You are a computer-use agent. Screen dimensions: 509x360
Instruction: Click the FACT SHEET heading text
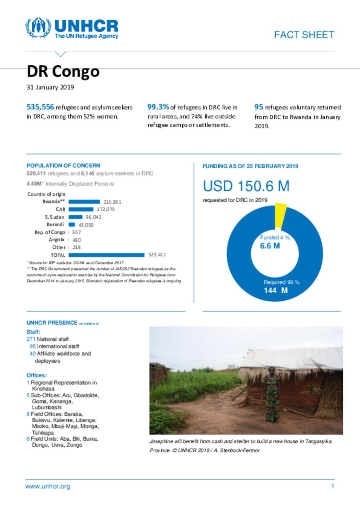pyautogui.click(x=304, y=35)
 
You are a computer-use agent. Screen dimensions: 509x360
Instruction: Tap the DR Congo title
pyautogui.click(x=63, y=71)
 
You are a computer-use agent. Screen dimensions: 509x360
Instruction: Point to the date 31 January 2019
pyautogui.click(x=50, y=87)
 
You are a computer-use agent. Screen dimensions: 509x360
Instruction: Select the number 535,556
pyautogui.click(x=40, y=107)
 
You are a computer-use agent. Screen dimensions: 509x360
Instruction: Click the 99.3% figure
pyautogui.click(x=158, y=107)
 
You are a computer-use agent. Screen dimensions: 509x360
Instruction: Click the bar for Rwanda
pyautogui.click(x=84, y=202)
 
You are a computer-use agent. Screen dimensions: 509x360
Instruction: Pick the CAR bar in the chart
pyautogui.click(x=81, y=209)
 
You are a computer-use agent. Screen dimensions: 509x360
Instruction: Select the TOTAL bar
pyautogui.click(x=107, y=255)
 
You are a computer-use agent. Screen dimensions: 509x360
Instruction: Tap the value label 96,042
pyautogui.click(x=94, y=217)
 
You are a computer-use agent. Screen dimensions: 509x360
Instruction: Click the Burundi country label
pyautogui.click(x=56, y=224)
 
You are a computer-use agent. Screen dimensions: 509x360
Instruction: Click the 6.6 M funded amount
pyautogui.click(x=270, y=246)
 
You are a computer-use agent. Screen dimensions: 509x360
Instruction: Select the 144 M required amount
pyautogui.click(x=276, y=291)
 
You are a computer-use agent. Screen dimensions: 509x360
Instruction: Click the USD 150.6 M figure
pyautogui.click(x=246, y=186)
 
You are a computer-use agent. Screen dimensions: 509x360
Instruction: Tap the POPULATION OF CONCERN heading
pyautogui.click(x=63, y=165)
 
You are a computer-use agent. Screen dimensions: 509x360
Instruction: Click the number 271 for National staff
pyautogui.click(x=31, y=339)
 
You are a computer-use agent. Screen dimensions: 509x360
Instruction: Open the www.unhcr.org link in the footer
pyautogui.click(x=48, y=487)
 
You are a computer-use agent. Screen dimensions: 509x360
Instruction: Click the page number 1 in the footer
pyautogui.click(x=332, y=487)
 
